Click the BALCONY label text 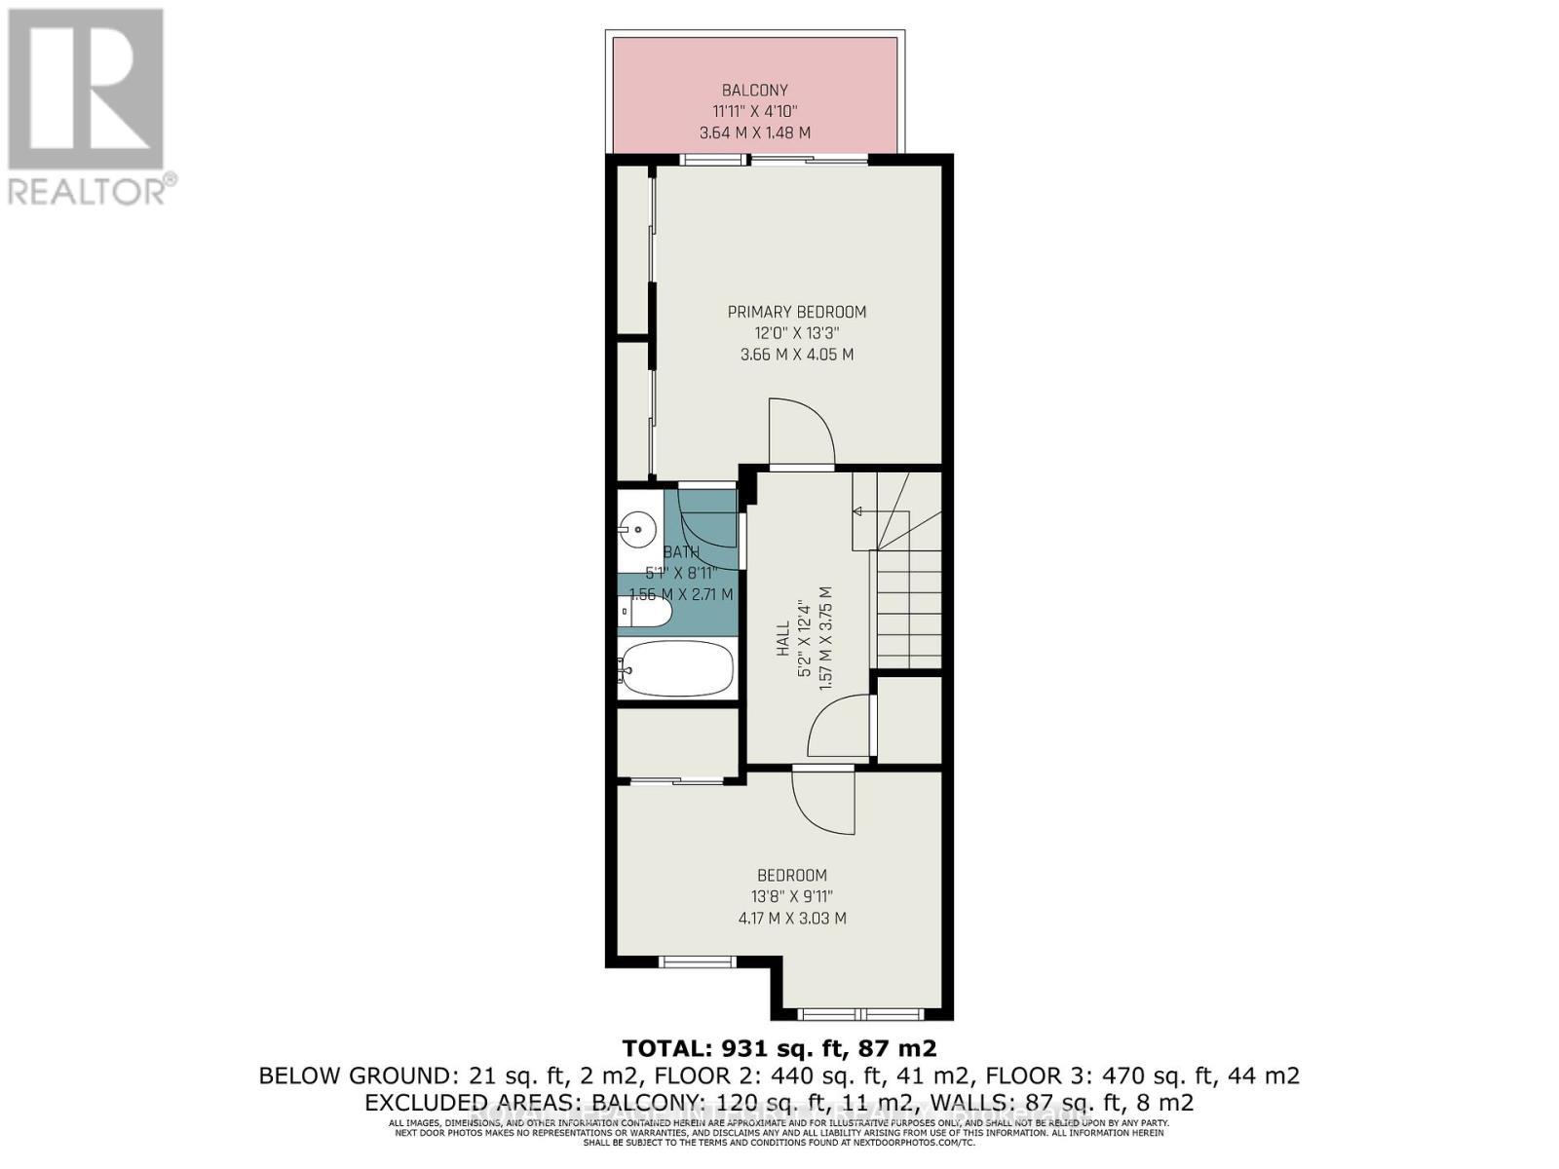coord(755,91)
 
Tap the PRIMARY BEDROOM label coord(796,312)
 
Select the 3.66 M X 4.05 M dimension coord(796,355)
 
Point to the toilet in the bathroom coord(646,613)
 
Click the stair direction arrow coord(858,510)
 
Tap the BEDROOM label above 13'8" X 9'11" coord(792,875)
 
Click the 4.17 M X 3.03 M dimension coord(792,918)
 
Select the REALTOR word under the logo coord(87,190)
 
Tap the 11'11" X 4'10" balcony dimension coord(755,111)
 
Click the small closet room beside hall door coord(909,720)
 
